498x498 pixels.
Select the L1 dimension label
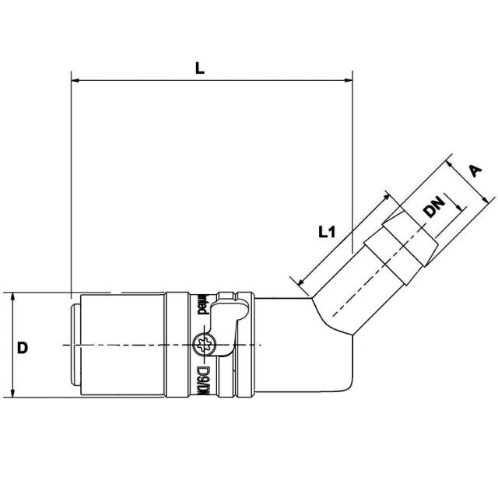[327, 232]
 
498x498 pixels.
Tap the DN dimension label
[434, 207]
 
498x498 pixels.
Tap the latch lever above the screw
[231, 319]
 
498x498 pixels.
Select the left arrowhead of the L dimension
[75, 79]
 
